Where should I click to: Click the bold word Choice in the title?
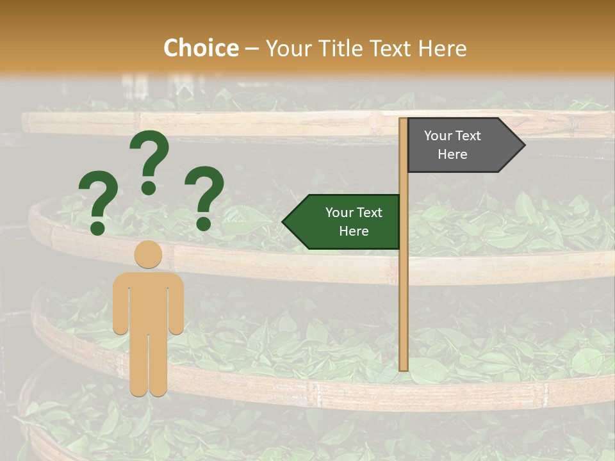[x=201, y=48]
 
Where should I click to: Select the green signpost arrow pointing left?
[x=343, y=222]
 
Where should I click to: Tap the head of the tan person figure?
[x=148, y=254]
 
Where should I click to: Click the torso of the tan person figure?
[x=148, y=301]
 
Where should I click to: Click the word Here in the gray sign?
[x=452, y=154]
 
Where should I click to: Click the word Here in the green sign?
[x=354, y=231]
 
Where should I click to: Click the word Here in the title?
[x=442, y=48]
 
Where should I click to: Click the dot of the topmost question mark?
[x=149, y=188]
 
